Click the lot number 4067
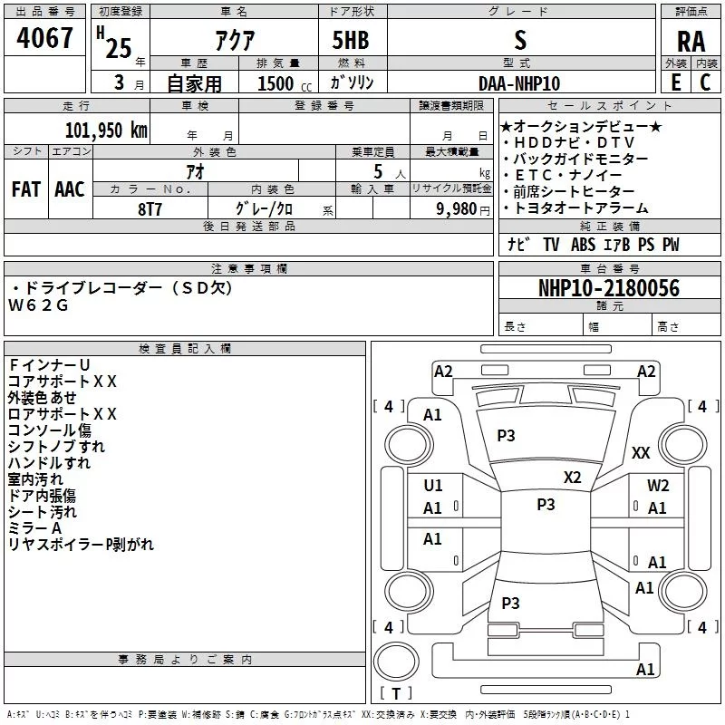pos(45,41)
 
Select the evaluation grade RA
pos(691,42)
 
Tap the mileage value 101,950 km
pos(106,130)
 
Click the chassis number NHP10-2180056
pos(608,288)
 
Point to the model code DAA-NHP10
pos(519,82)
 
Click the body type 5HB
pos(350,41)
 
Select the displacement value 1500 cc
pos(275,83)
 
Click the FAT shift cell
pos(26,189)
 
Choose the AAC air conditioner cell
pos(70,189)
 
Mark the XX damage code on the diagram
pos(641,453)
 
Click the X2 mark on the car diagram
pos(573,478)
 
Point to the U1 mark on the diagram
pos(433,486)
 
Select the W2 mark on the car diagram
pos(658,486)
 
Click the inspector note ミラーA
pos(34,528)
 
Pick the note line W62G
pos(38,305)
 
